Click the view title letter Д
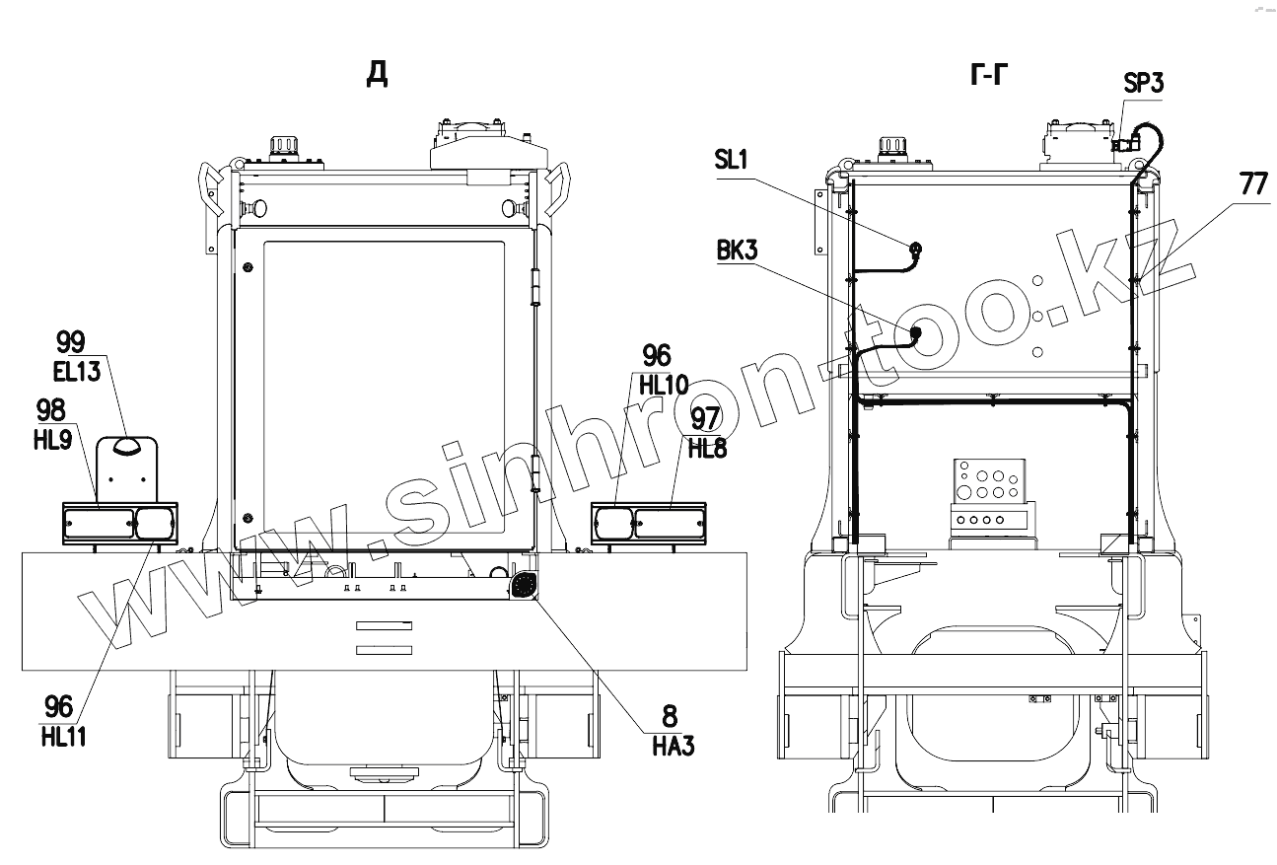377,74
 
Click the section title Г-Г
988,75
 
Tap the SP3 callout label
1143,83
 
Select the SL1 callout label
731,160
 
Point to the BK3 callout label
738,251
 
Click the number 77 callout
1253,184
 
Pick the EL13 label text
77,373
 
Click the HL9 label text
53,440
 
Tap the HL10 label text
664,386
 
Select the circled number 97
706,418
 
